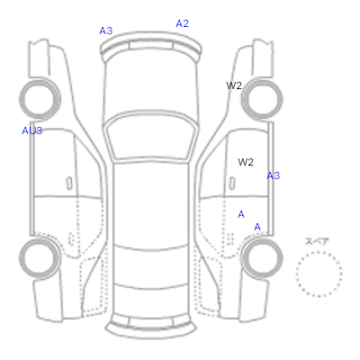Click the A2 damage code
(x=182, y=23)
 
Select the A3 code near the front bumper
(x=106, y=31)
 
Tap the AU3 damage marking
(x=32, y=130)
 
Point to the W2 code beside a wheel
(x=234, y=85)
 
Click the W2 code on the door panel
(x=246, y=162)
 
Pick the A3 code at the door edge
(x=274, y=175)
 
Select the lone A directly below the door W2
(x=241, y=214)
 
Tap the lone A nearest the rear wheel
(x=257, y=227)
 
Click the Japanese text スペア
(x=317, y=241)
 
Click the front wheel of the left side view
(x=40, y=98)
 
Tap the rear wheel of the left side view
(x=40, y=258)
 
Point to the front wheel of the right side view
(x=262, y=98)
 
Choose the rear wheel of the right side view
(x=262, y=258)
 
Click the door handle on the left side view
(x=69, y=184)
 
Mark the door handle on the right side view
(x=232, y=184)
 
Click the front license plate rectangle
(x=151, y=46)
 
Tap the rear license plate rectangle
(x=151, y=322)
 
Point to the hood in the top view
(x=151, y=84)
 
